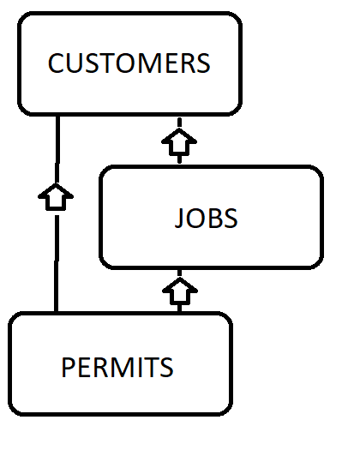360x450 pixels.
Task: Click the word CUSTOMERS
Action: (x=129, y=63)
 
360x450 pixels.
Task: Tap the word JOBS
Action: (x=206, y=218)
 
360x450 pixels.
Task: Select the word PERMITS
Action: (x=117, y=367)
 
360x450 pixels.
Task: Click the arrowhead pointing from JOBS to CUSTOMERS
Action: (x=179, y=141)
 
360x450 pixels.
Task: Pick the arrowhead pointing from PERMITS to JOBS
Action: (x=180, y=291)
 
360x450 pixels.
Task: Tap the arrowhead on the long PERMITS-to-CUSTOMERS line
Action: (x=56, y=197)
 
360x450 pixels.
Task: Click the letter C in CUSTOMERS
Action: (x=56, y=63)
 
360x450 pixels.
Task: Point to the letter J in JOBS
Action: (x=179, y=218)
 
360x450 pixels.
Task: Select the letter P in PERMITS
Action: (x=68, y=367)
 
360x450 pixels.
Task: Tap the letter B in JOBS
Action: (x=216, y=218)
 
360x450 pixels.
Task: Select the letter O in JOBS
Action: (x=196, y=218)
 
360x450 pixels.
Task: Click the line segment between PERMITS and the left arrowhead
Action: (x=57, y=263)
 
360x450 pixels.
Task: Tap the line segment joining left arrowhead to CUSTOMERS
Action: (x=57, y=149)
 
